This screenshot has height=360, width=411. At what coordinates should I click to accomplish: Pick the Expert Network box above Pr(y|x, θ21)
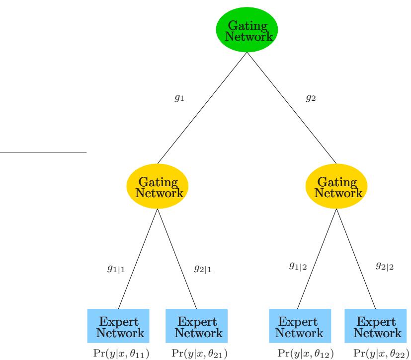pyautogui.click(x=197, y=325)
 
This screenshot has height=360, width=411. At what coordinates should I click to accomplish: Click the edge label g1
pyautogui.click(x=179, y=98)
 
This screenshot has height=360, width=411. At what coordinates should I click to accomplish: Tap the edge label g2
pyautogui.click(x=311, y=98)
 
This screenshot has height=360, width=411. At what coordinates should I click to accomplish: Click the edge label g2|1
pyautogui.click(x=202, y=270)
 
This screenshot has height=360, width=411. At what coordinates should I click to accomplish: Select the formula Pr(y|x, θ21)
pyautogui.click(x=197, y=353)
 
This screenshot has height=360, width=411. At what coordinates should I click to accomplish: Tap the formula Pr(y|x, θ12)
pyautogui.click(x=305, y=353)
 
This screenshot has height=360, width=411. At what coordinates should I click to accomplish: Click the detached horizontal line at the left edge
pyautogui.click(x=43, y=151)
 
